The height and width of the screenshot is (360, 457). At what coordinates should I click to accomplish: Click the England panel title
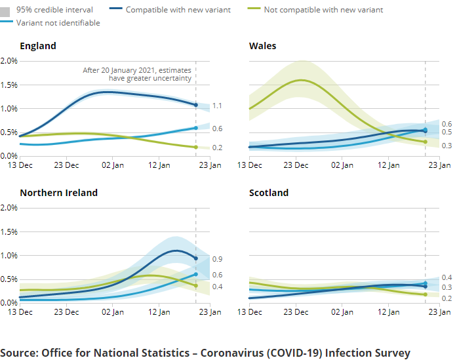[38, 46]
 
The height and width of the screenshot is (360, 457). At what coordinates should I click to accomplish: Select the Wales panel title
[262, 46]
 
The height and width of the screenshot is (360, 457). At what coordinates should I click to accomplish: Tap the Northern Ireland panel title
[58, 193]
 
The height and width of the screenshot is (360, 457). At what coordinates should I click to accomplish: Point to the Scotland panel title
[269, 193]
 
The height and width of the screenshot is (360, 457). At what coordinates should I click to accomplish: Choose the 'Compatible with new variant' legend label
[178, 10]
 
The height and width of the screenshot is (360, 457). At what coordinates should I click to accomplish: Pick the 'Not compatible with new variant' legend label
[323, 10]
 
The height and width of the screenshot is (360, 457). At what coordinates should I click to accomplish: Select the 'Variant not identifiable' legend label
[58, 23]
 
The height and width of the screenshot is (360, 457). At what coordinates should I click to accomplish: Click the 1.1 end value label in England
[217, 106]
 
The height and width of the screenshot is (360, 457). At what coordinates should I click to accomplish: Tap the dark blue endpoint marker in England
[195, 105]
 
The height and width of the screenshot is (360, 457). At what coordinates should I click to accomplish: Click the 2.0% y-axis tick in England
[9, 61]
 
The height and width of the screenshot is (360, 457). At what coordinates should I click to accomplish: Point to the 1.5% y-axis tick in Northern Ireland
[9, 231]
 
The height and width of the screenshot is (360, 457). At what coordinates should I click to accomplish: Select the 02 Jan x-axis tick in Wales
[342, 165]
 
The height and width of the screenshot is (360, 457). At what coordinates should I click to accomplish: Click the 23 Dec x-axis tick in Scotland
[296, 312]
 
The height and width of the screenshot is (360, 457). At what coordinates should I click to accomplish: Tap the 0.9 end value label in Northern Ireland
[217, 259]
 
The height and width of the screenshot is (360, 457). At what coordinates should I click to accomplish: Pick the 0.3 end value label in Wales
[447, 145]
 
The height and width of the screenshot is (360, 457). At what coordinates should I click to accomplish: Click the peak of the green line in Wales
[301, 80]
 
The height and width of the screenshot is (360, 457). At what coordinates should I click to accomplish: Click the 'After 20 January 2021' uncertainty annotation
[137, 74]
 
